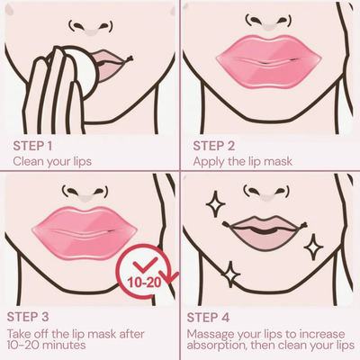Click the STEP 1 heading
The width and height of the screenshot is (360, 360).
[x=35, y=144]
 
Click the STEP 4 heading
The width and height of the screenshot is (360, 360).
[x=216, y=317]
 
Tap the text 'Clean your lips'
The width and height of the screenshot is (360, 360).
[x=51, y=161]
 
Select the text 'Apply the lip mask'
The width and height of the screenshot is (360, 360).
[x=241, y=161]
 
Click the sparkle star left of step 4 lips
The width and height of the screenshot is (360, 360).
[x=216, y=206]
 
